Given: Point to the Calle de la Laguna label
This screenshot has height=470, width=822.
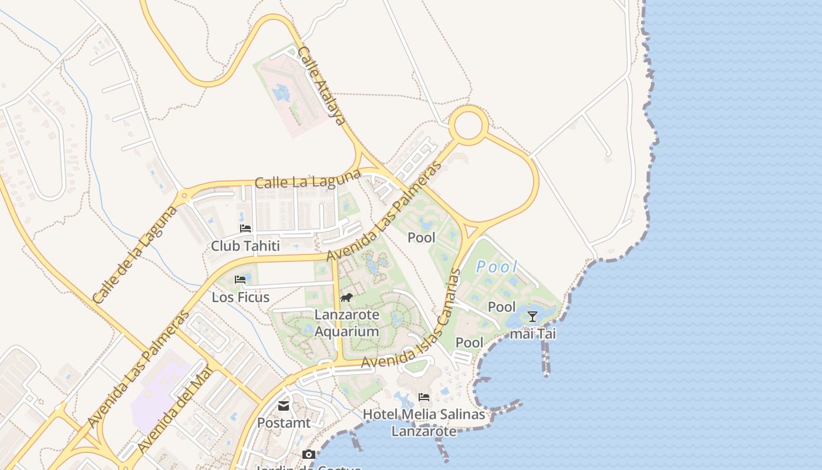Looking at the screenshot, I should [x=135, y=254].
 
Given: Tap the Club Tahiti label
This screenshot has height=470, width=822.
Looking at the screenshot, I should [x=245, y=246].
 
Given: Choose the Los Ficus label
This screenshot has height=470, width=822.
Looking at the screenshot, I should [x=241, y=297].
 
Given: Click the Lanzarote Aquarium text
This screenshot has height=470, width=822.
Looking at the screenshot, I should [x=347, y=323].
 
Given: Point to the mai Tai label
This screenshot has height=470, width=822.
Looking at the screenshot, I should [x=533, y=334].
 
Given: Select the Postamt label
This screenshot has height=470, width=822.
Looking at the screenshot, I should [x=284, y=422].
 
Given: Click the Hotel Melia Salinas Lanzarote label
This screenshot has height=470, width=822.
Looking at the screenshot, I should [x=424, y=422].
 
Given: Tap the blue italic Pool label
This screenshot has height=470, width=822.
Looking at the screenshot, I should [x=497, y=267].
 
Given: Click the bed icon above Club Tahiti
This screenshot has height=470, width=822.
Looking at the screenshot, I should [x=245, y=229].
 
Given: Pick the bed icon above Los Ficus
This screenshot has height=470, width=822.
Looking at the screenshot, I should [x=240, y=280].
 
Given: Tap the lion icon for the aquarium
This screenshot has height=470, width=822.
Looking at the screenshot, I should [x=346, y=298].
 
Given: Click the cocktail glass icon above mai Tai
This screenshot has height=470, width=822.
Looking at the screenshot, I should [x=533, y=317].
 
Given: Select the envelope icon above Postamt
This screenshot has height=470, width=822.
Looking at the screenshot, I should [x=284, y=406].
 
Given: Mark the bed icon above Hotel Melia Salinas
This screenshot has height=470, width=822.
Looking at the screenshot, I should [x=424, y=398].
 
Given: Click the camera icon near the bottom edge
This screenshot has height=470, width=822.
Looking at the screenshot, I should [x=308, y=454].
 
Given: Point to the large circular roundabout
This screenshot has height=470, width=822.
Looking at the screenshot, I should [x=469, y=125].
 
